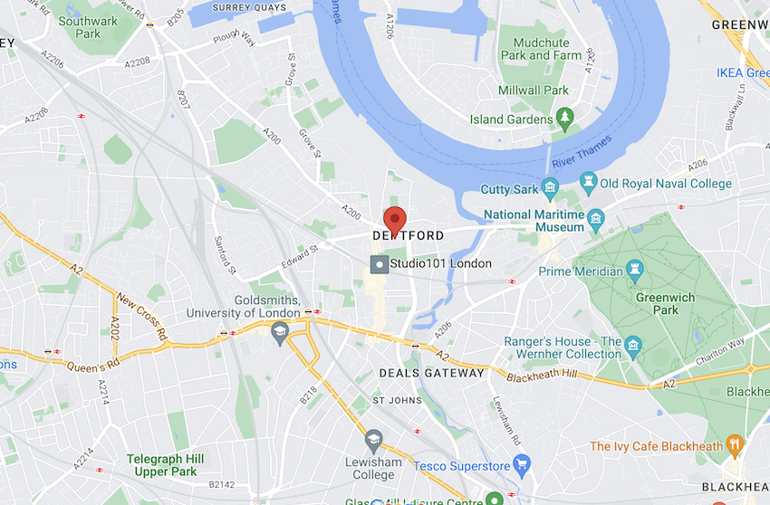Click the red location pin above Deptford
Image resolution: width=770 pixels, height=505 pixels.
click(394, 219)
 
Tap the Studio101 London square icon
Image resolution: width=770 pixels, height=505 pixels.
click(380, 263)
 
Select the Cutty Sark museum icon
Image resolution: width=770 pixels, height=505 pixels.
click(550, 188)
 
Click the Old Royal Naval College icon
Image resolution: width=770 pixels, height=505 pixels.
click(589, 183)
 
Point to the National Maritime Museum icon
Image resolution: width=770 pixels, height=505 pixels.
click(595, 218)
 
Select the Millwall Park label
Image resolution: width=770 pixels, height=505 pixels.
click(534, 91)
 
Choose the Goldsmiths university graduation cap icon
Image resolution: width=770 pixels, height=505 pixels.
click(280, 330)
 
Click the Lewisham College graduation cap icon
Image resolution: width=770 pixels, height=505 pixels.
click(372, 440)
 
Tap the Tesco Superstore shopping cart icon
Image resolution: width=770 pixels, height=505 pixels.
click(521, 465)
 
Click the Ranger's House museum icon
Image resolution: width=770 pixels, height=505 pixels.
click(632, 346)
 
